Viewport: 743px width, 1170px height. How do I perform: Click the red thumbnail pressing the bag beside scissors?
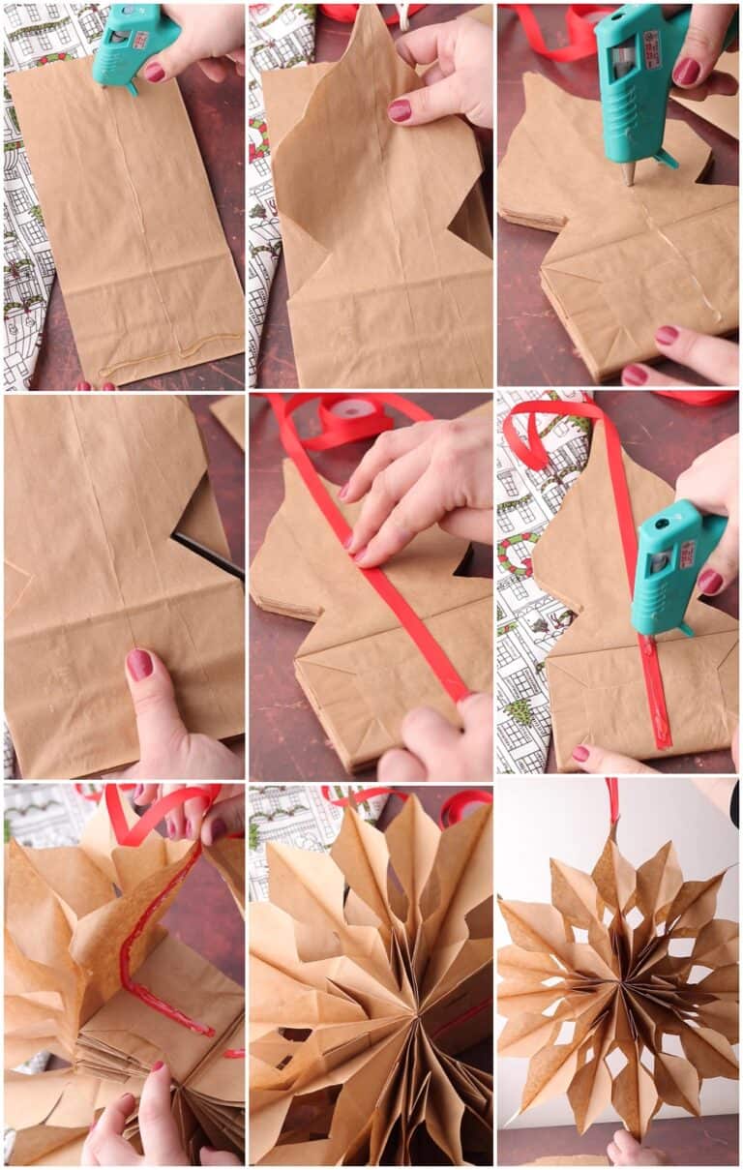[x=139, y=665]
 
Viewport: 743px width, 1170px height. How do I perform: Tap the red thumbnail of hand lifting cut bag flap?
[x=400, y=110]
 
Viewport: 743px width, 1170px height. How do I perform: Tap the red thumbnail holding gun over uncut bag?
[x=155, y=72]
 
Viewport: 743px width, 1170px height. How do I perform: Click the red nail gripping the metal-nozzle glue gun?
[x=686, y=71]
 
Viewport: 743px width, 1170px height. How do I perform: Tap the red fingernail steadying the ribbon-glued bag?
[x=580, y=753]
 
